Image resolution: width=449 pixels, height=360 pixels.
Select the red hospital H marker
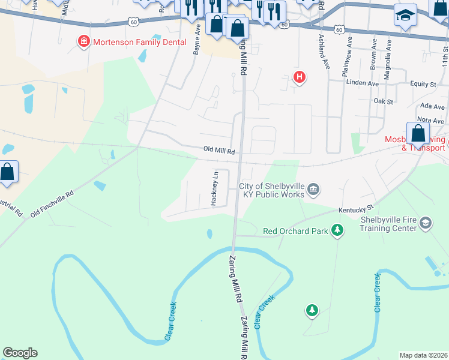point(299,77)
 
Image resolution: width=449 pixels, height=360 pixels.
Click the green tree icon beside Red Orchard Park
point(337,230)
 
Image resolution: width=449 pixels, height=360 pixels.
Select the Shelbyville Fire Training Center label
point(388,223)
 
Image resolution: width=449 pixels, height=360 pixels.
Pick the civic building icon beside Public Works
point(313,190)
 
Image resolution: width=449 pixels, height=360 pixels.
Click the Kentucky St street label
point(352,209)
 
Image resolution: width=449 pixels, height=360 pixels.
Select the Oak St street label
point(382,101)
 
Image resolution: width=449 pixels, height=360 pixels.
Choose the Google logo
point(20,353)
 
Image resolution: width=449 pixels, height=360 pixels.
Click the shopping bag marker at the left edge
point(7,172)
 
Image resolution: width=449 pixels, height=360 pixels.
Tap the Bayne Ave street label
point(196,44)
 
